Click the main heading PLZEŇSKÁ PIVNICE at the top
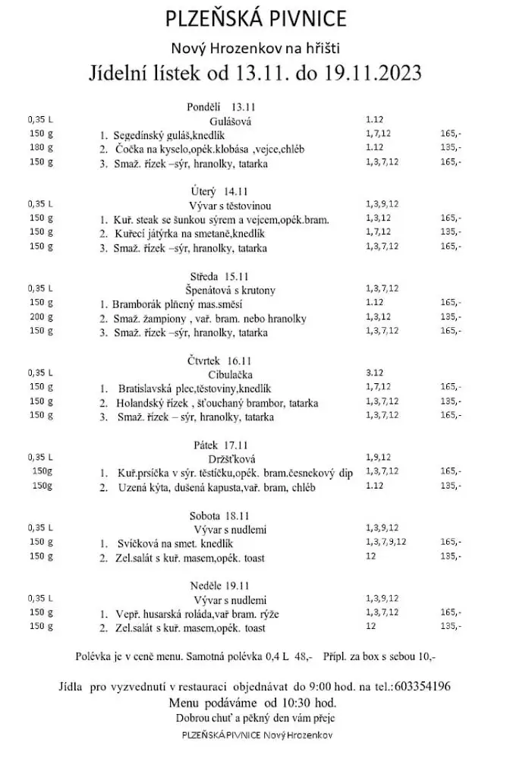point(256,18)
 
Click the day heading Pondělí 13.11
point(217,106)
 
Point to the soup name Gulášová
point(231,121)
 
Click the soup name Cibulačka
point(228,373)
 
